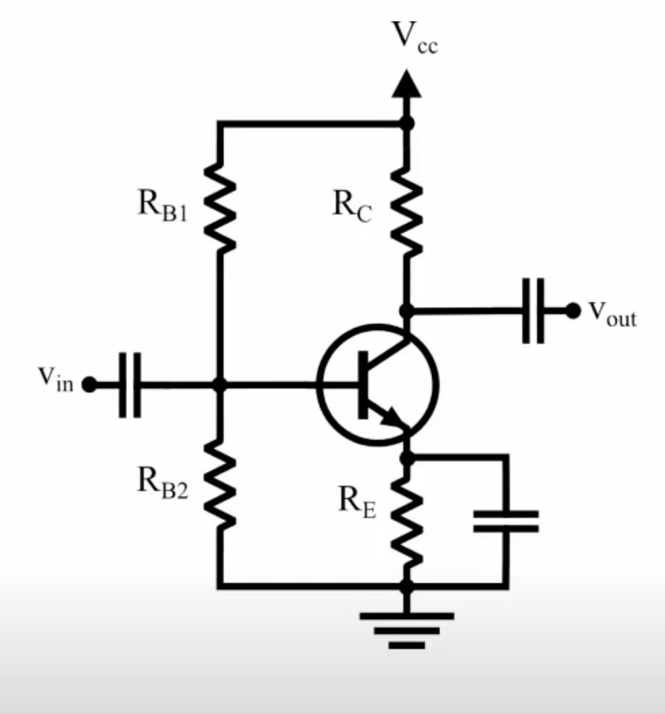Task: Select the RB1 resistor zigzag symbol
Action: click(x=219, y=205)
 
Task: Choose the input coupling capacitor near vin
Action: click(x=129, y=385)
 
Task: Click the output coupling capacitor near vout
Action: click(x=533, y=311)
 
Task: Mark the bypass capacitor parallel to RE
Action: click(x=506, y=521)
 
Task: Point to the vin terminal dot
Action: click(x=89, y=385)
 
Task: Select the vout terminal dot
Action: click(x=573, y=311)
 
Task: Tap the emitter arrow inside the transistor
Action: click(x=389, y=417)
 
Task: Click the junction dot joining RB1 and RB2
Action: click(x=219, y=385)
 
